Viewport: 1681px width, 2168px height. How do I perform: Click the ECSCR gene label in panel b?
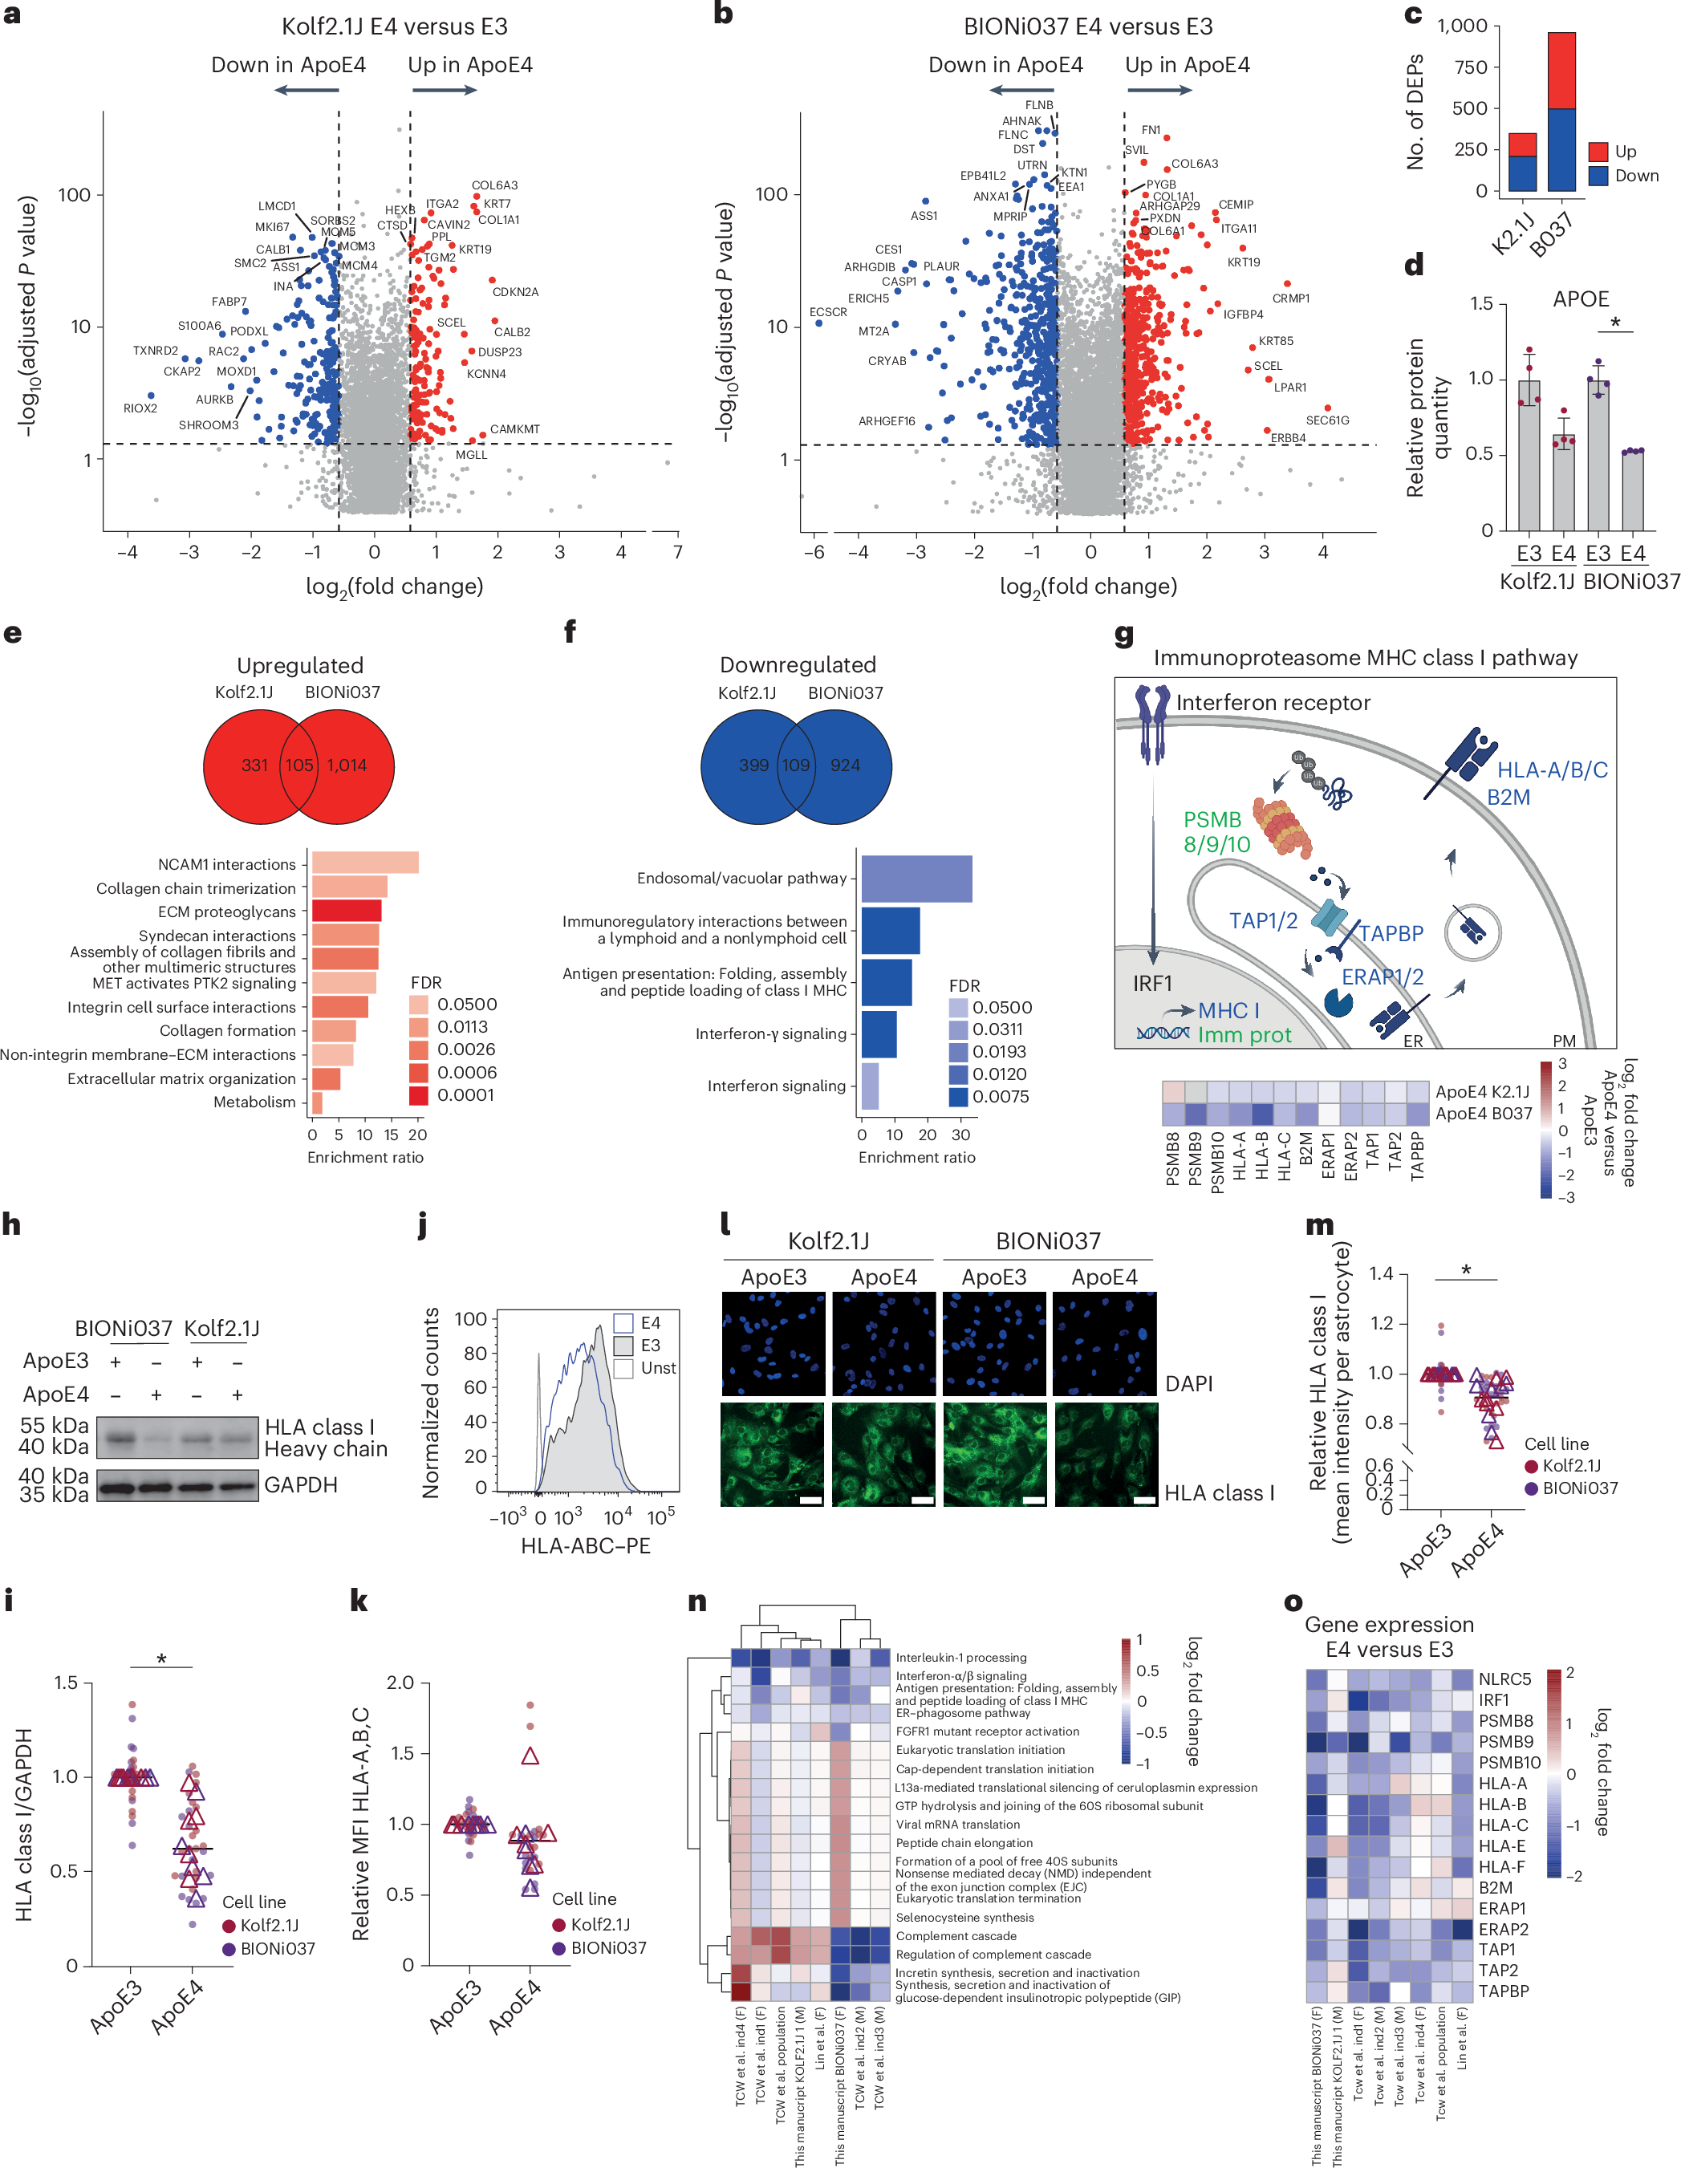(827, 311)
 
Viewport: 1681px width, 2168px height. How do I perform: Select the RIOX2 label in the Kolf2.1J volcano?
(140, 408)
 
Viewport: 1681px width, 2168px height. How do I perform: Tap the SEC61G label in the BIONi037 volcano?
(1326, 420)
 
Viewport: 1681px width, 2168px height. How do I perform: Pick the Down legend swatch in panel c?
(1598, 176)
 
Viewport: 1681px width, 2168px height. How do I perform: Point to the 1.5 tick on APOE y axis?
(1480, 302)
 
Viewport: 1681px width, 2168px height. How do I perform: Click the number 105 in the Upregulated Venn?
(298, 765)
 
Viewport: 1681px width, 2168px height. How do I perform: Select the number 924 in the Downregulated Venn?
(845, 765)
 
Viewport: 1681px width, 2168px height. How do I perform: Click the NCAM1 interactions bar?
(364, 863)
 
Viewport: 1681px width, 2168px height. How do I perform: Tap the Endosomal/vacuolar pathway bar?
(916, 879)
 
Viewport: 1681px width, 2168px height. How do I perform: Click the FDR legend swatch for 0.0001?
(418, 1095)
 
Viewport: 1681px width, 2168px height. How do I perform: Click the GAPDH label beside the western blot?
(301, 1485)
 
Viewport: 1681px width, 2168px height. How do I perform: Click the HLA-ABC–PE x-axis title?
(585, 1545)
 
